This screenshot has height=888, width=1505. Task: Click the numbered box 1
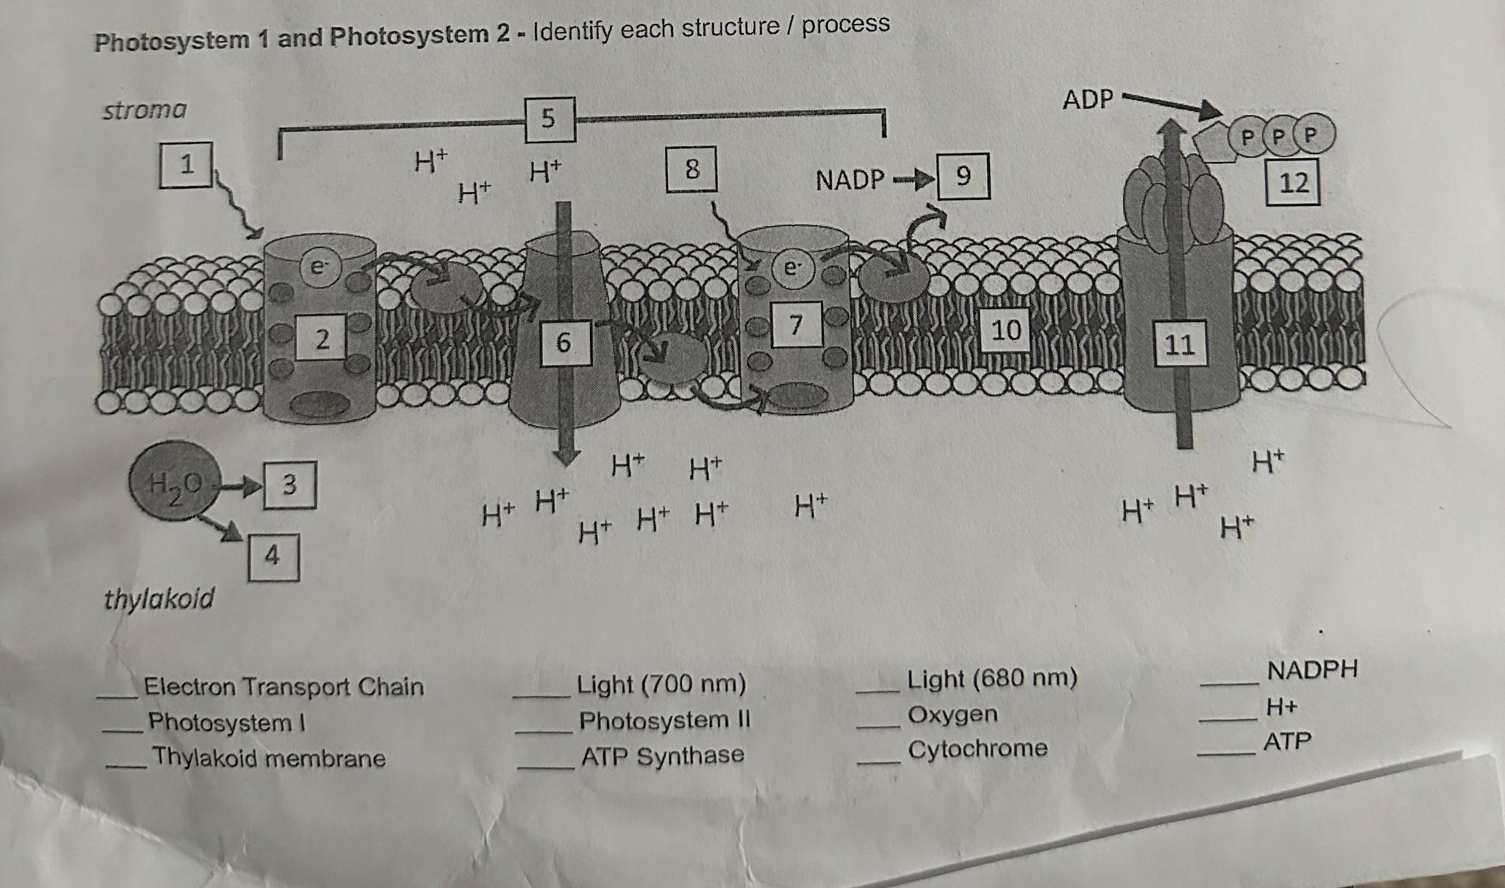tap(186, 164)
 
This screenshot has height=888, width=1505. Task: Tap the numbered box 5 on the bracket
tap(550, 118)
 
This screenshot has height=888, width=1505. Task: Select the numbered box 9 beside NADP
tap(963, 176)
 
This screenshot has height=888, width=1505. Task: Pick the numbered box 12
tap(1293, 182)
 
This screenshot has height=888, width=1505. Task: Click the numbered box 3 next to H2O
tap(290, 484)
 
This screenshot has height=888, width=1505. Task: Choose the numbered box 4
tap(273, 556)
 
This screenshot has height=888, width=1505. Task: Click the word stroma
tap(145, 110)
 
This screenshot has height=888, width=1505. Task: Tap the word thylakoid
tap(159, 598)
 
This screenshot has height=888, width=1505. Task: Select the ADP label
tap(1088, 99)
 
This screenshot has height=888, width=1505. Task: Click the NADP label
tap(850, 179)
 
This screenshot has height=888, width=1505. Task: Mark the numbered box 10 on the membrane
tap(1006, 329)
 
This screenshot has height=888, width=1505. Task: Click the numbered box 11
tap(1179, 343)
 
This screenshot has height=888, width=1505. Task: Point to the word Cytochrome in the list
tap(977, 749)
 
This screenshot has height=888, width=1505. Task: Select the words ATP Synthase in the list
tap(662, 756)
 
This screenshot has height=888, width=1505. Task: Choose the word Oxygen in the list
tap(952, 714)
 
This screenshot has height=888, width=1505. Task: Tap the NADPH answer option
tap(1312, 670)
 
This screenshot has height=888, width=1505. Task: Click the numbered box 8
tap(692, 169)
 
